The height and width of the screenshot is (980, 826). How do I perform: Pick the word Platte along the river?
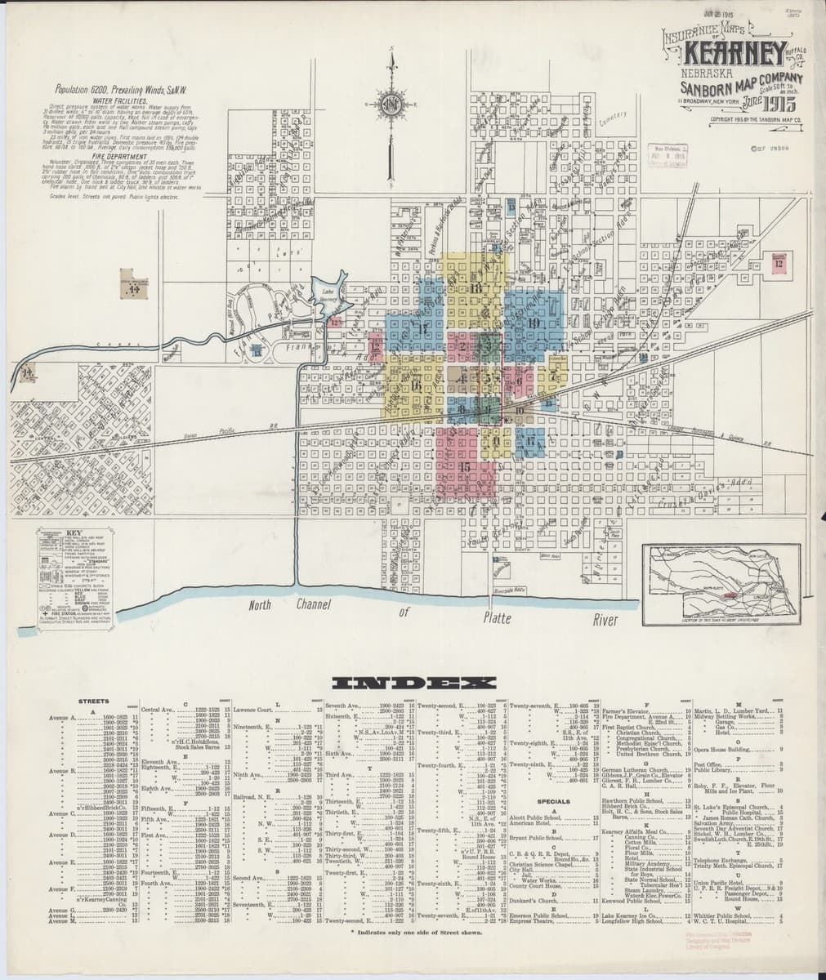498,617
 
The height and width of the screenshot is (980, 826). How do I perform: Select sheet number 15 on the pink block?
464,466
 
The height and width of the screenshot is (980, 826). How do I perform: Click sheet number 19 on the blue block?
534,322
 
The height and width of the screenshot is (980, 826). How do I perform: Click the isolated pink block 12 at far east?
779,263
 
